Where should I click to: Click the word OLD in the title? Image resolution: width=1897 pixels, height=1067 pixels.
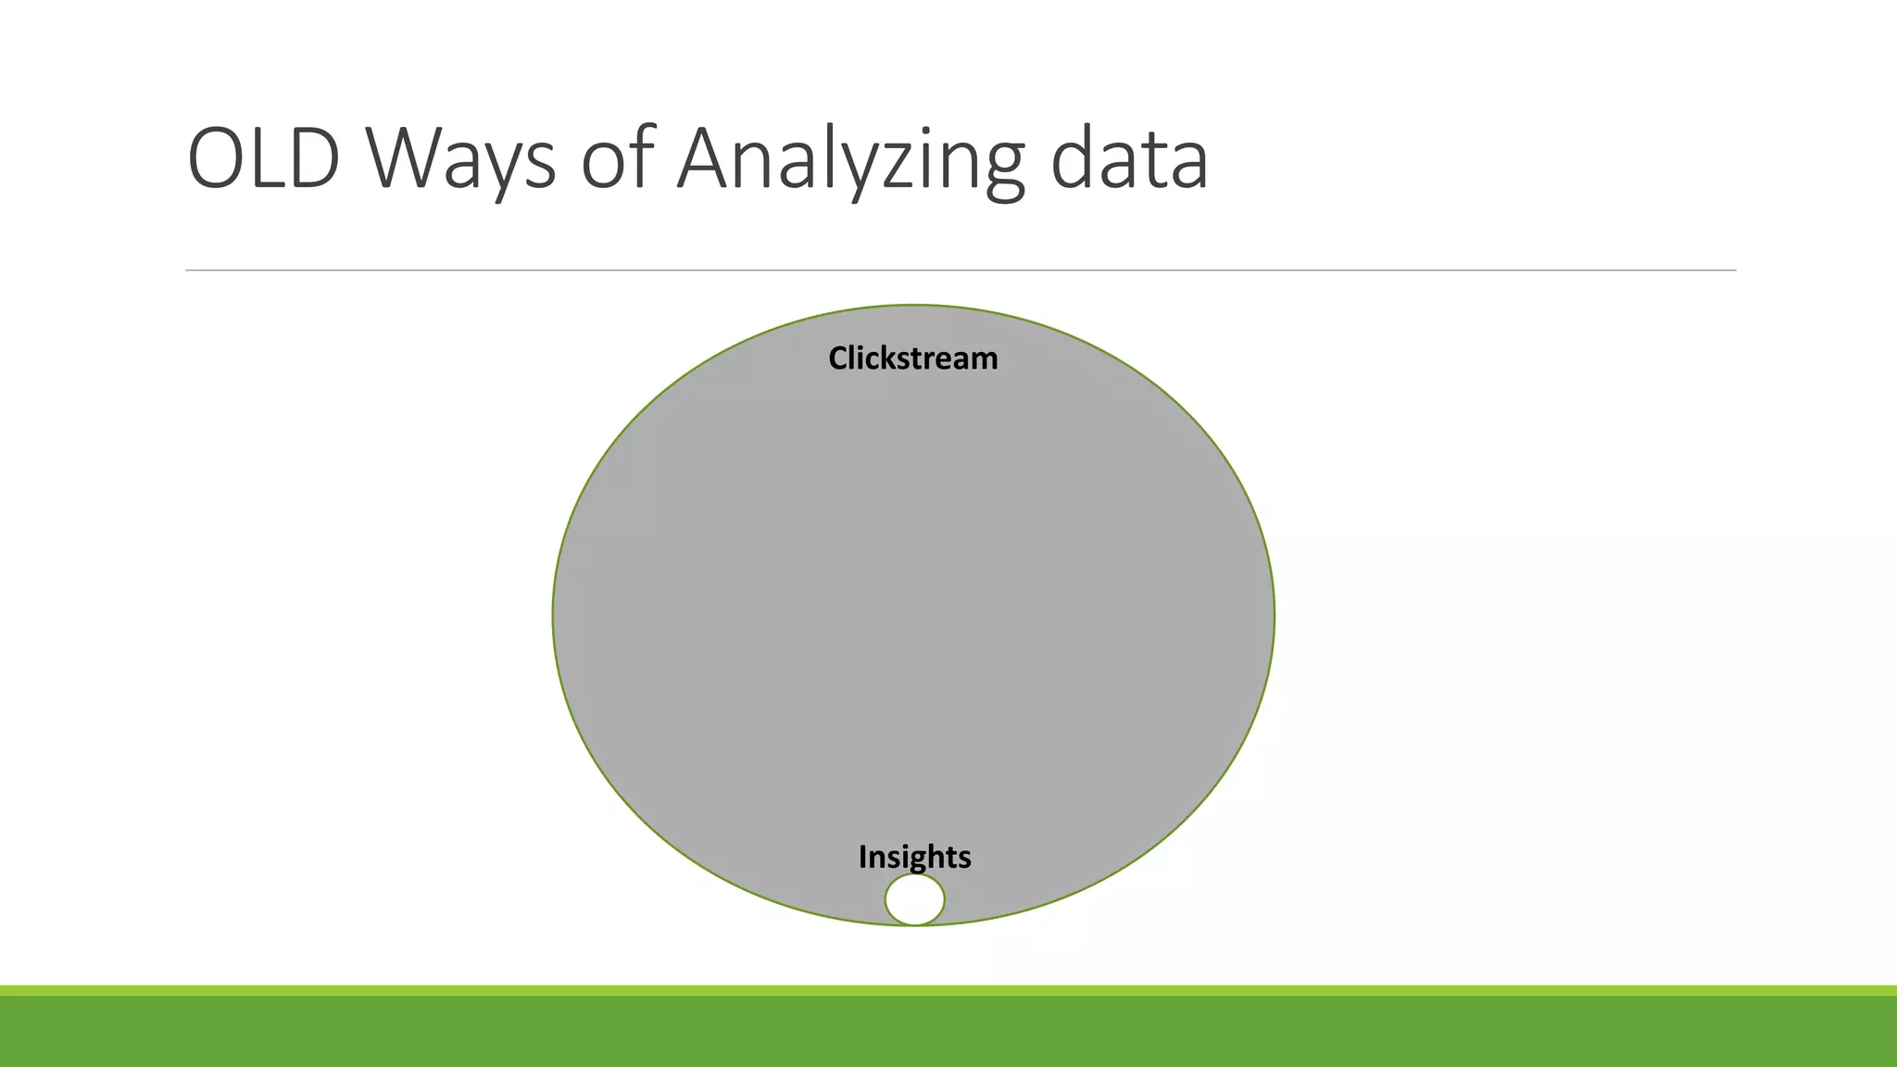click(264, 159)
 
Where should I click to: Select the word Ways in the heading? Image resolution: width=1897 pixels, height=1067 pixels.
click(460, 159)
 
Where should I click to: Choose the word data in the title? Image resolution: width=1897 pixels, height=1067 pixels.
click(1129, 159)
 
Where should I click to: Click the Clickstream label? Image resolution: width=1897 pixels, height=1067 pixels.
click(912, 358)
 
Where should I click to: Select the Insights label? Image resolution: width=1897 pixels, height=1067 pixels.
click(914, 857)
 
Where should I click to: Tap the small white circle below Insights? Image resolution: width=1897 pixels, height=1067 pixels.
click(914, 899)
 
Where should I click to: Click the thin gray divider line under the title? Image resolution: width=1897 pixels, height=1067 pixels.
click(961, 270)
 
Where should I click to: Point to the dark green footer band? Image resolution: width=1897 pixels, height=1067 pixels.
click(948, 1032)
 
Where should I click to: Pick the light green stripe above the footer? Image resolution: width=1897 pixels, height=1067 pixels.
click(948, 990)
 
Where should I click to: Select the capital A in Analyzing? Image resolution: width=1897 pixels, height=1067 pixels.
click(710, 159)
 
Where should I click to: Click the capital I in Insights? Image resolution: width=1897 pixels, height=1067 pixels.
click(863, 857)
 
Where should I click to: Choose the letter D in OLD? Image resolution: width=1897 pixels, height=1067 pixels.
click(310, 159)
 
